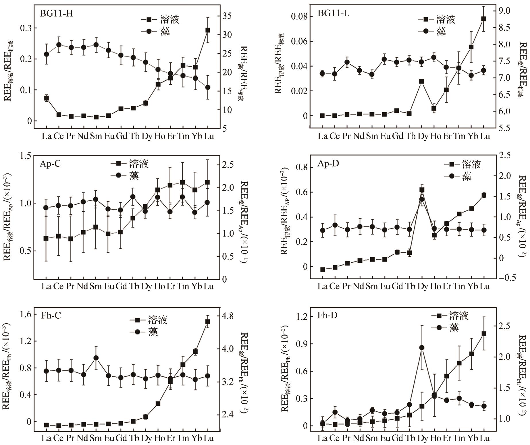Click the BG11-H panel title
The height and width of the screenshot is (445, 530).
coord(57,13)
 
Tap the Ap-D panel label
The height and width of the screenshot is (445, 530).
coord(328,164)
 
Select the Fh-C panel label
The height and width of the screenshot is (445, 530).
coord(51,316)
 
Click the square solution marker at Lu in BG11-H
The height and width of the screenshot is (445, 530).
coord(207,30)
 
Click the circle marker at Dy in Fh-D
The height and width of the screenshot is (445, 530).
coord(422,348)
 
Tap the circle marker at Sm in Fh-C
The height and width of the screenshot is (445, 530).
coord(96,358)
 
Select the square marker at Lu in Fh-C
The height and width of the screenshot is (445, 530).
coord(207,322)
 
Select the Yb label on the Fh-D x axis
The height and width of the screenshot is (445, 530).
coord(471,438)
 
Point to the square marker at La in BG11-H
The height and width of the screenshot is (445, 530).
coord(46,98)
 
